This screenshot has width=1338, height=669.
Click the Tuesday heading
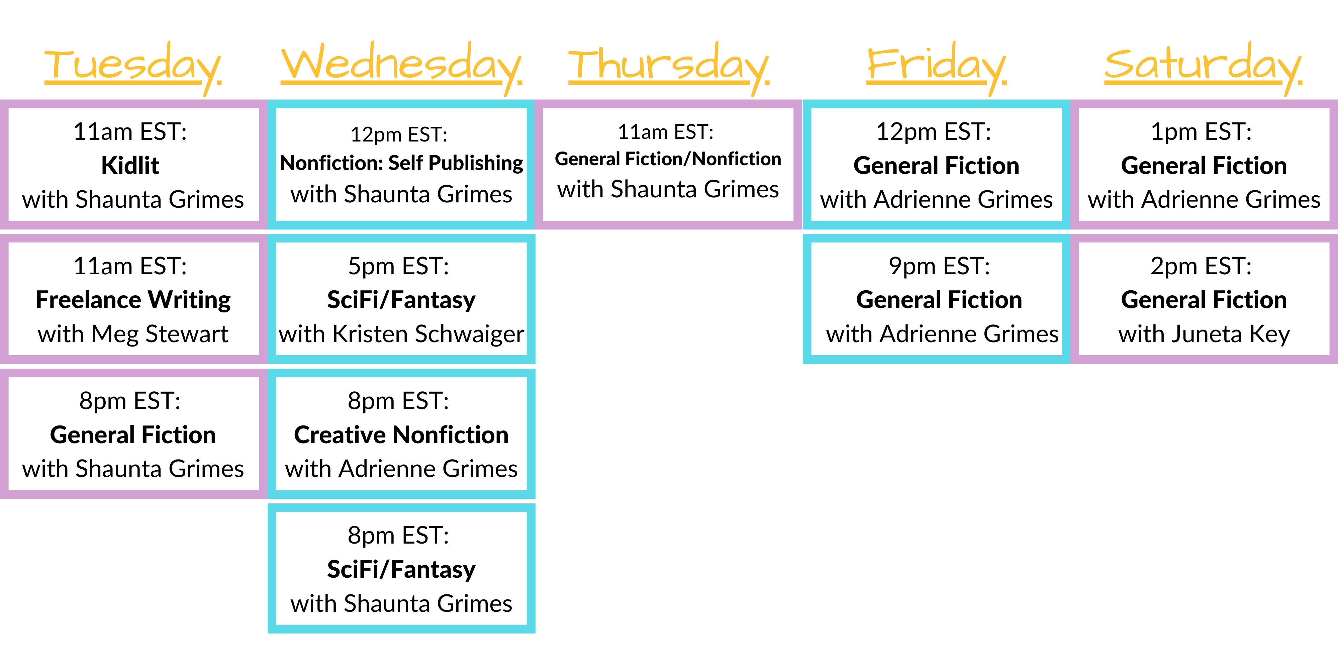coord(133,68)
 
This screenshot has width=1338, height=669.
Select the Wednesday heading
coord(401,68)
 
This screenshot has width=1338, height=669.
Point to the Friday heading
coord(937,68)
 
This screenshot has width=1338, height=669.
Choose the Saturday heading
coord(1204,68)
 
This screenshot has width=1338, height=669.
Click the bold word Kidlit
coord(130,166)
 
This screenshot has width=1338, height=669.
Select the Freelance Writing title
coord(133,300)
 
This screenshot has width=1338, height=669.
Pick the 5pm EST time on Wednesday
coord(398,267)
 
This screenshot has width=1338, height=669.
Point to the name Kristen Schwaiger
coord(428,334)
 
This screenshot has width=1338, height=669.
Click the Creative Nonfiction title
coord(401,435)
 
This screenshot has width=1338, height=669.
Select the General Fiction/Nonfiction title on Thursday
coord(668,159)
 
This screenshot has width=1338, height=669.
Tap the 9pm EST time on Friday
coord(939,267)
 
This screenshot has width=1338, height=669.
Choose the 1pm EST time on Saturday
coord(1201,132)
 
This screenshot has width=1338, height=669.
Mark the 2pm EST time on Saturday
coord(1201,267)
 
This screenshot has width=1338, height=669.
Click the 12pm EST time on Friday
coord(933,132)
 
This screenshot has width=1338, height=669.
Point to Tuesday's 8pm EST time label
coord(130,401)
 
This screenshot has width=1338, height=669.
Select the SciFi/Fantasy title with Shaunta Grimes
coord(401,570)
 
